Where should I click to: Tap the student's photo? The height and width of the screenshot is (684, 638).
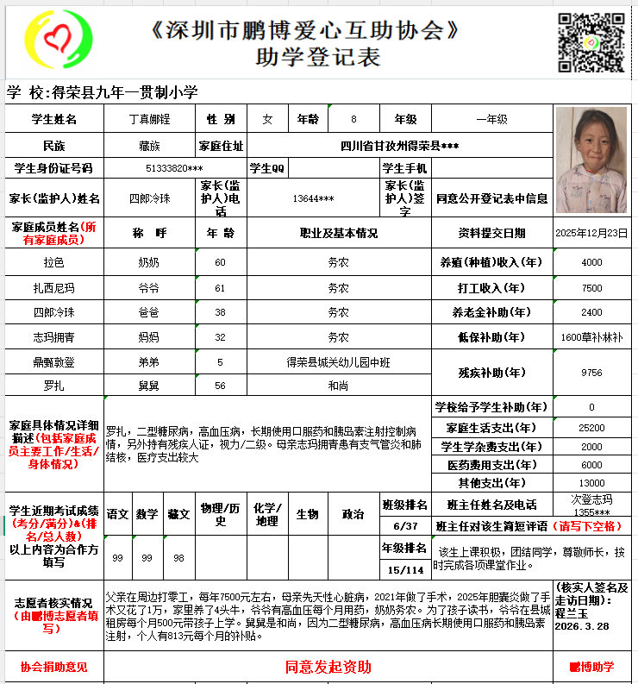click(x=591, y=160)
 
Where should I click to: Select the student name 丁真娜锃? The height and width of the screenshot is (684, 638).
click(x=149, y=119)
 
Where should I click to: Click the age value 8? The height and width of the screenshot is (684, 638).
click(x=353, y=119)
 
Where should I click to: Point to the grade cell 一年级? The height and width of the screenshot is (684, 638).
click(x=491, y=119)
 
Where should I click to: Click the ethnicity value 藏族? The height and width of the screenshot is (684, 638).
click(x=149, y=144)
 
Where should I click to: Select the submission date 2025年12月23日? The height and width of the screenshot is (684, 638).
click(x=591, y=234)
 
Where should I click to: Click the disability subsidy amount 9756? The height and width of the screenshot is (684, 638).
click(x=591, y=373)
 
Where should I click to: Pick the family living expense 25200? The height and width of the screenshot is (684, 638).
click(x=591, y=428)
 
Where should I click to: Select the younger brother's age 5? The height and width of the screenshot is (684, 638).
click(x=220, y=362)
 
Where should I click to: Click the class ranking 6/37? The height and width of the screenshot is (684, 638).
click(x=404, y=526)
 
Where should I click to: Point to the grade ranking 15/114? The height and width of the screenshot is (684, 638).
click(x=404, y=569)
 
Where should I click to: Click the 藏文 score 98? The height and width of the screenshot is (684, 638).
click(x=178, y=558)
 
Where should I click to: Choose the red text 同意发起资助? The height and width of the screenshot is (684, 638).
click(x=328, y=667)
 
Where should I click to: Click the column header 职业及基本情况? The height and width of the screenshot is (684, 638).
click(x=338, y=234)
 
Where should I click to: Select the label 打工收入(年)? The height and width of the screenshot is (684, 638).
click(x=491, y=288)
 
